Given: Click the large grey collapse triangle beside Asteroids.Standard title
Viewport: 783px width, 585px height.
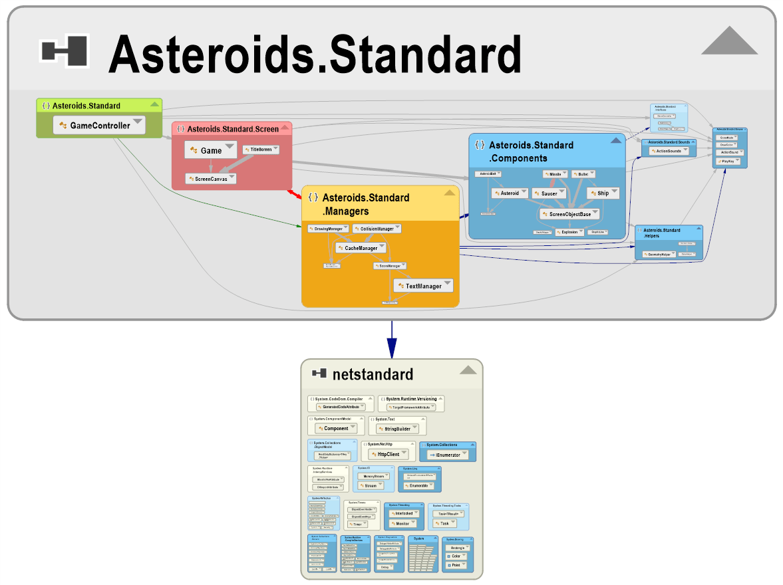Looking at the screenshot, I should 729,41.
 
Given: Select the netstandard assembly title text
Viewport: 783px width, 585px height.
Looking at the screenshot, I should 373,374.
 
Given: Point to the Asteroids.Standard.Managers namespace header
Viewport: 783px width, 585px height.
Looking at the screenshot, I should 366,204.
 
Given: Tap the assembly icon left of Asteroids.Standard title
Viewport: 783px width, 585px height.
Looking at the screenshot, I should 65,52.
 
